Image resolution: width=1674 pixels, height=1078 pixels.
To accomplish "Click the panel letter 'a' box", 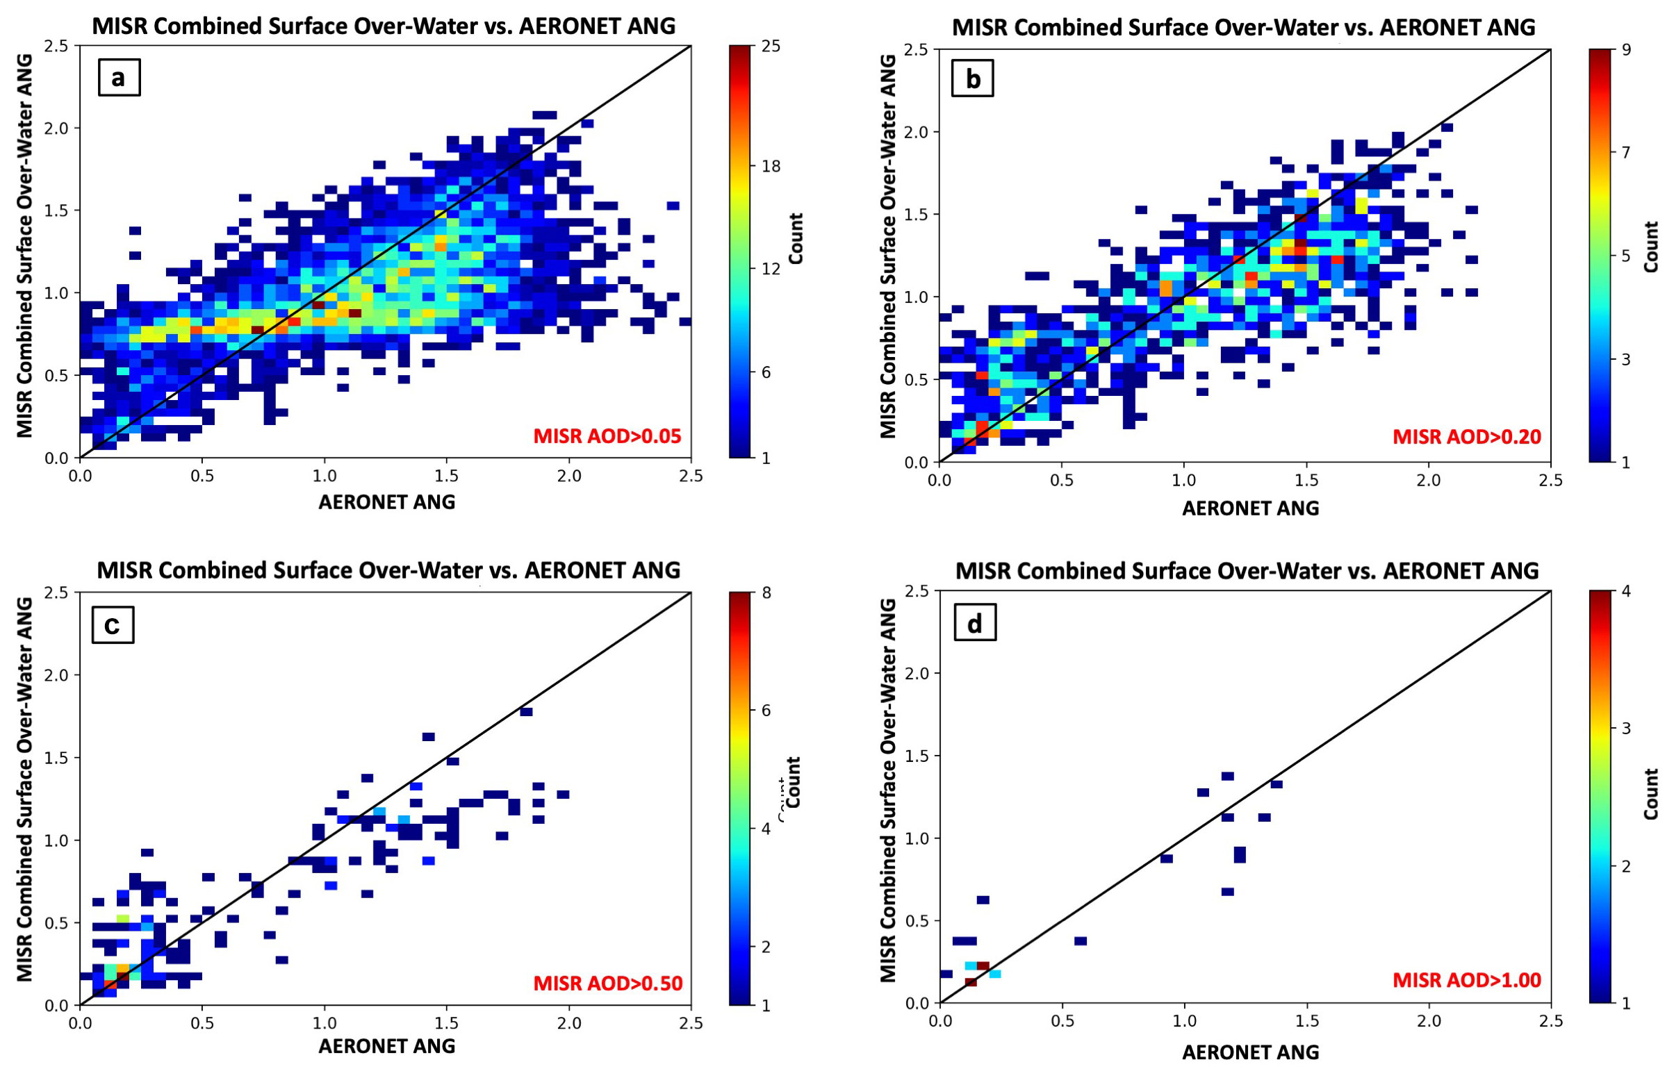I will click(x=118, y=77).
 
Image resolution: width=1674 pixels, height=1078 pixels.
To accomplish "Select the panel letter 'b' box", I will click(x=972, y=79).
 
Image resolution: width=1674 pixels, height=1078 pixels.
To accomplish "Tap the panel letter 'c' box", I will click(x=112, y=624).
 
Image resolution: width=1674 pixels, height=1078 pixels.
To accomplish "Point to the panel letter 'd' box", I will click(x=974, y=622).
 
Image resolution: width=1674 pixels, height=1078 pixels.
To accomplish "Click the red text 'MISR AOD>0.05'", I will click(x=607, y=436).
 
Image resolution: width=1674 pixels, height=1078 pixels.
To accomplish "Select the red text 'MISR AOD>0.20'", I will click(x=1467, y=437).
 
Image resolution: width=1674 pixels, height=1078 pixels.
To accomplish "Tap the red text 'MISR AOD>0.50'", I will click(x=608, y=984).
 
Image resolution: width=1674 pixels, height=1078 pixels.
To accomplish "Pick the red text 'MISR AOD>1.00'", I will click(x=1467, y=980).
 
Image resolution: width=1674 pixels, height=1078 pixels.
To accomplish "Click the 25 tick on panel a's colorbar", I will click(x=771, y=47).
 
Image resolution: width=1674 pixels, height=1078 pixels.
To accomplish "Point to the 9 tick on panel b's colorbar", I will click(x=1626, y=50).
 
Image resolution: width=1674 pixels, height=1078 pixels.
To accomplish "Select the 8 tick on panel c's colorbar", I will click(x=766, y=593).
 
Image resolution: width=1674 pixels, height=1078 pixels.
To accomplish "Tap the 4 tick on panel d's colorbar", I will click(x=1626, y=592).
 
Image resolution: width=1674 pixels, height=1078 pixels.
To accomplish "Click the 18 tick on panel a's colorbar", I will click(x=771, y=166).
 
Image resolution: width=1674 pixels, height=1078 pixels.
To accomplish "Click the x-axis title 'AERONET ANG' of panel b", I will click(x=1250, y=508).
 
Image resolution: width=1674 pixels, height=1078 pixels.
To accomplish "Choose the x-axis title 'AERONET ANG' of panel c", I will click(x=386, y=1046).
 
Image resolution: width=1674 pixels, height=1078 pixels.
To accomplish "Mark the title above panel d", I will click(x=1247, y=570).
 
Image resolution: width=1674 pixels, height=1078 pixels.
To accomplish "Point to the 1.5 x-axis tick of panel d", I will click(x=1306, y=1020).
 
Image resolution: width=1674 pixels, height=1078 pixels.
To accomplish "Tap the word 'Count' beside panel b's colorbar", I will click(x=1651, y=247).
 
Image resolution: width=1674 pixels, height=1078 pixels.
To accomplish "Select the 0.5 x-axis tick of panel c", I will click(x=202, y=1022).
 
